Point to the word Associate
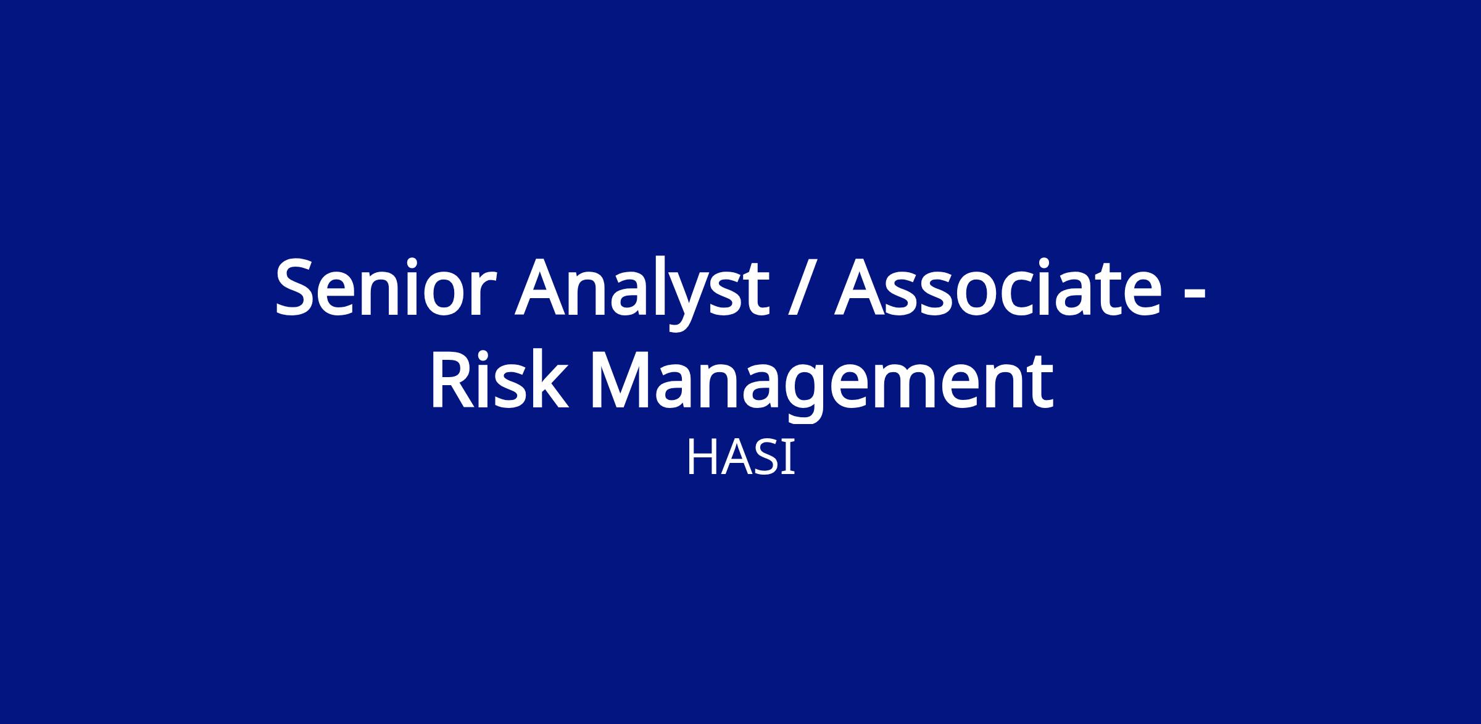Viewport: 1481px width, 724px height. [998, 288]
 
